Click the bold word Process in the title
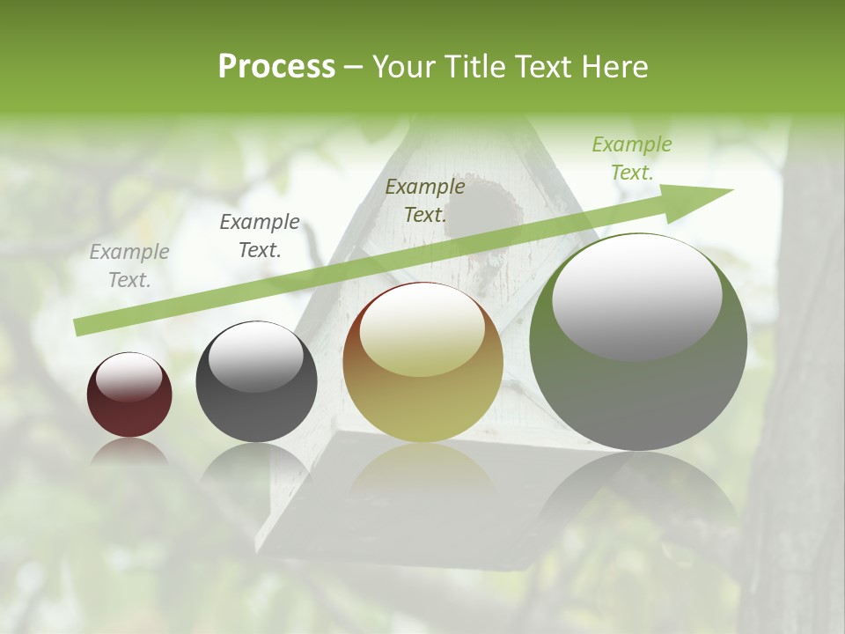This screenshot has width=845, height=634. point(276,67)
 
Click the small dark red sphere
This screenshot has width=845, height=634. point(129,394)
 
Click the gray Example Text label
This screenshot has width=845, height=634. point(129,266)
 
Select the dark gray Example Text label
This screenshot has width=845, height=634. point(260,236)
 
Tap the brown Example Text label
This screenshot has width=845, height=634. point(425,200)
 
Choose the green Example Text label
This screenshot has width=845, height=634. point(632,158)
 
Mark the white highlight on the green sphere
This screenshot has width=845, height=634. point(636,297)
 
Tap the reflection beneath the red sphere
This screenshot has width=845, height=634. point(129,452)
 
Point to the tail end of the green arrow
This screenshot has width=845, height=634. point(79,328)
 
